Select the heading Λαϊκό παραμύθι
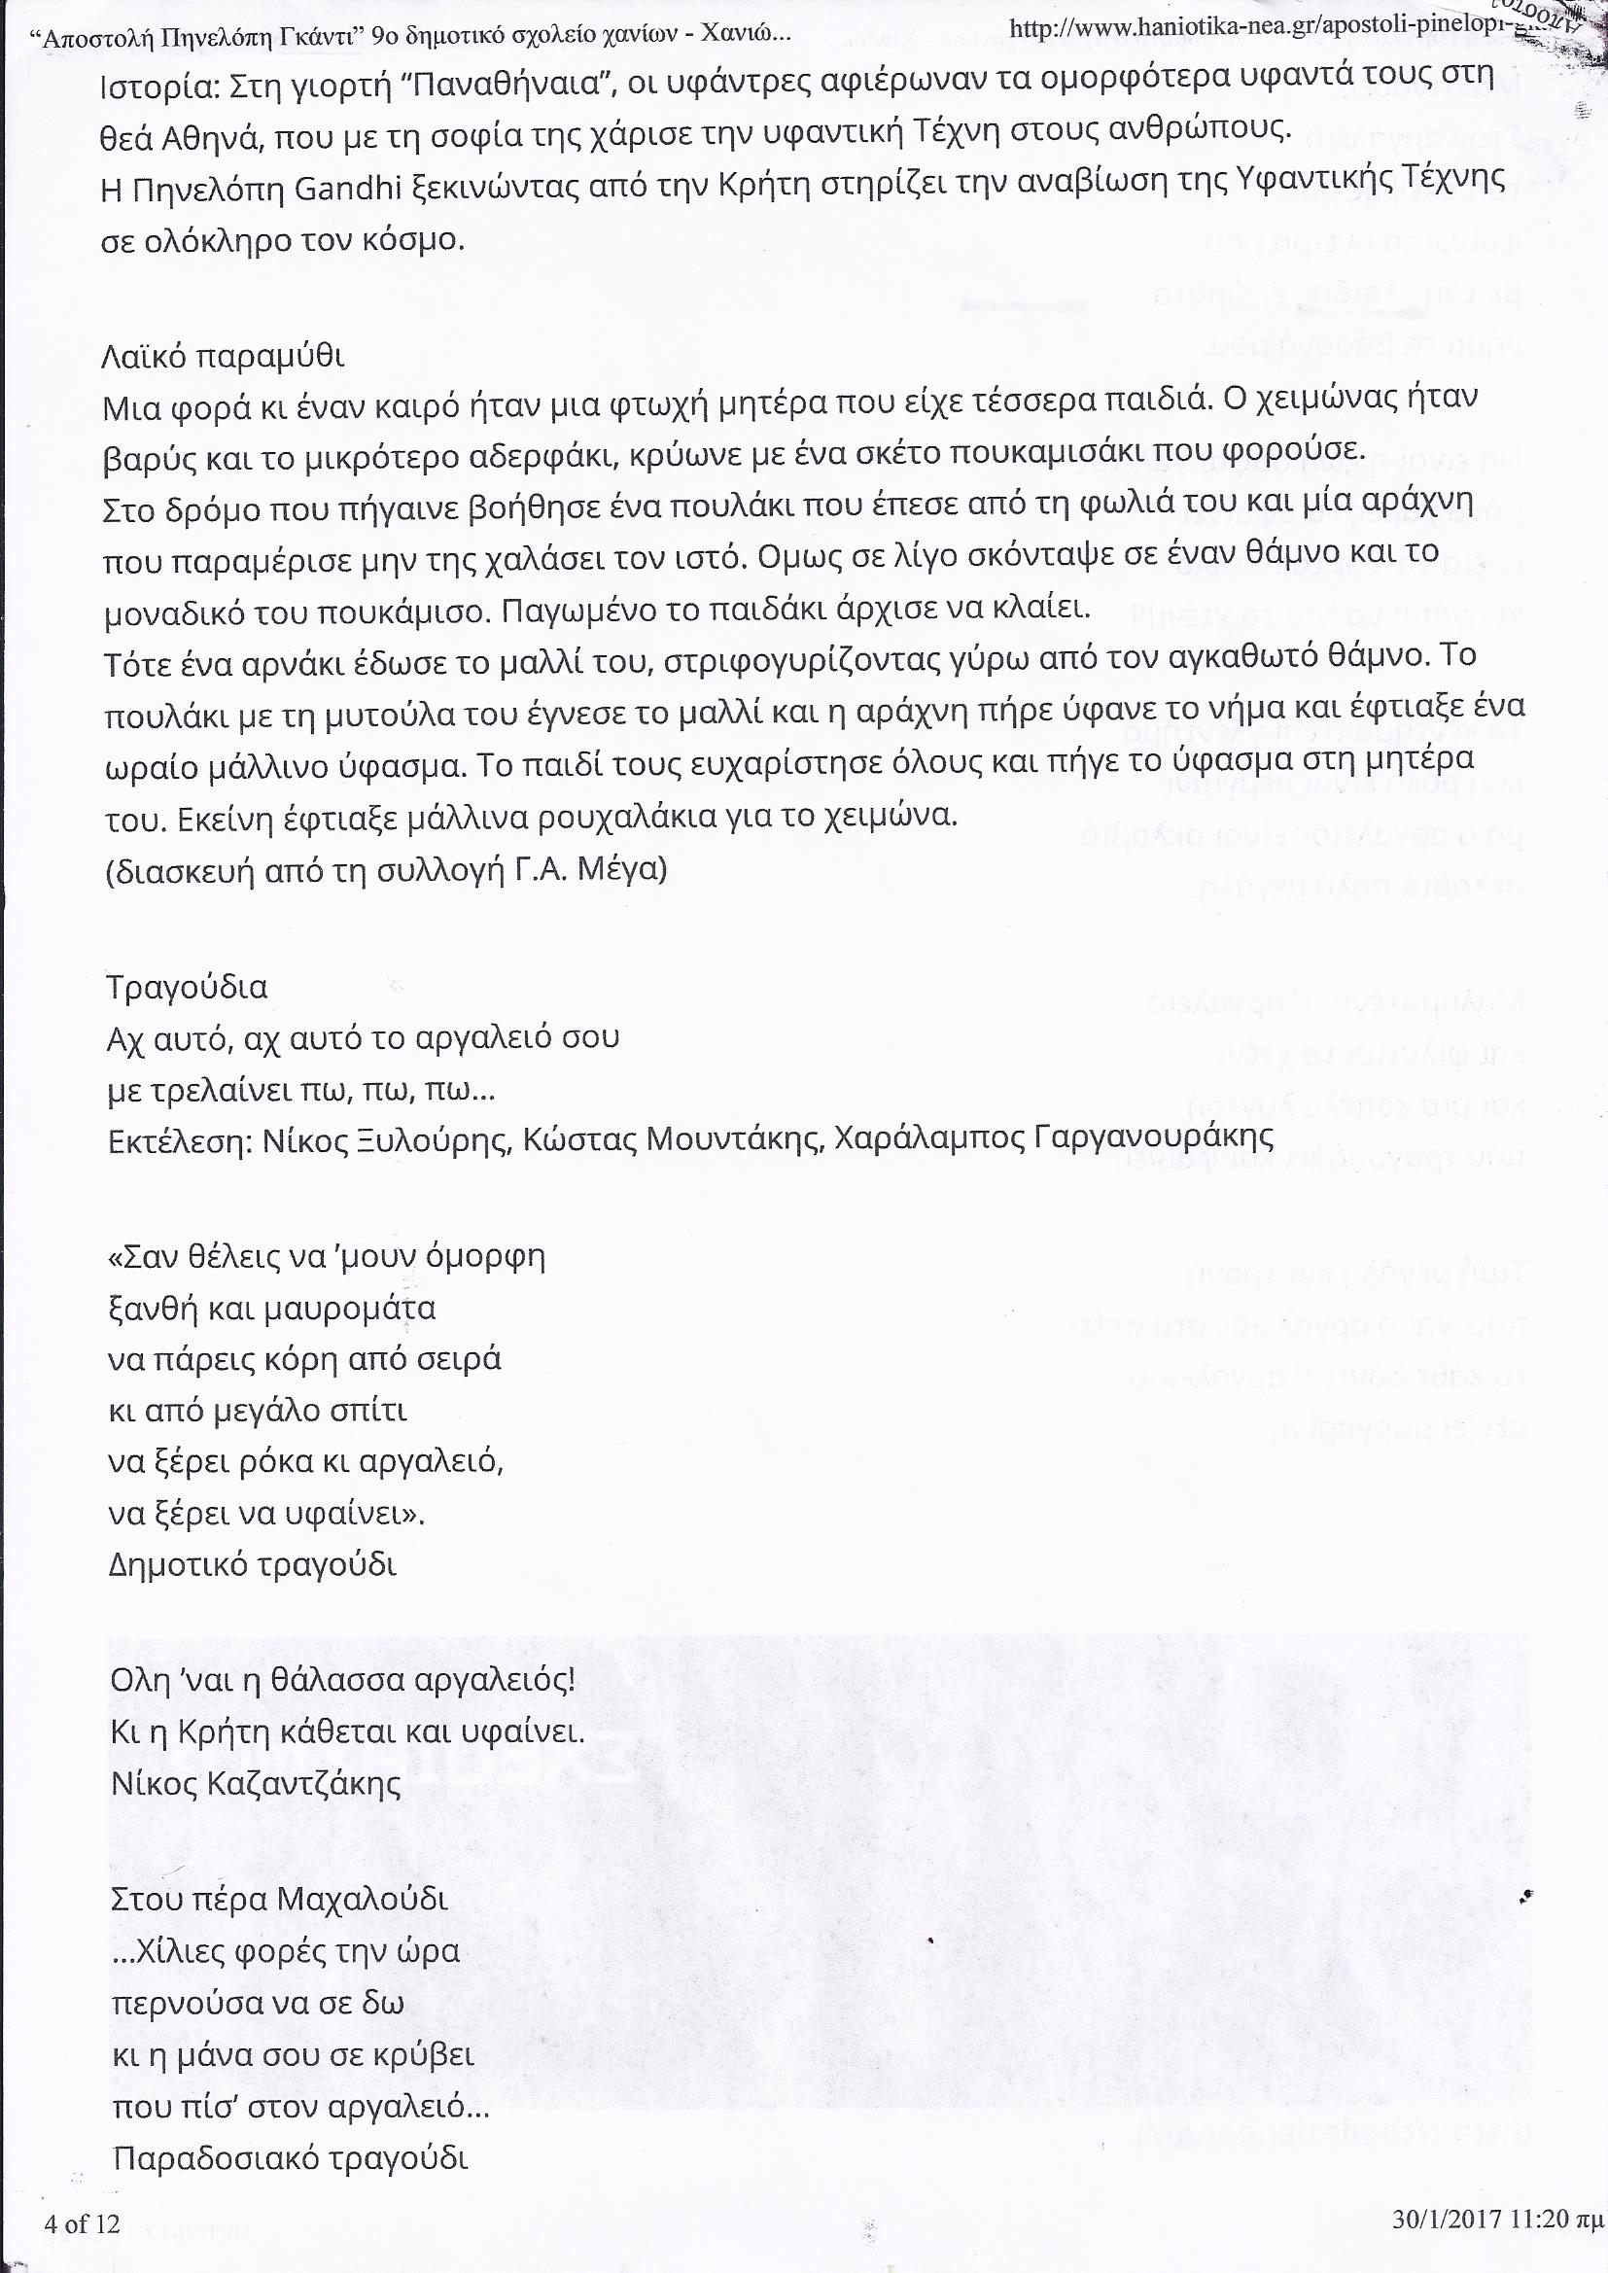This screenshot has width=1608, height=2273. [224, 355]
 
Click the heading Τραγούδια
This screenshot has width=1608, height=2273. [187, 988]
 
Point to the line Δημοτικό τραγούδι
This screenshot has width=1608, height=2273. [252, 1564]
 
